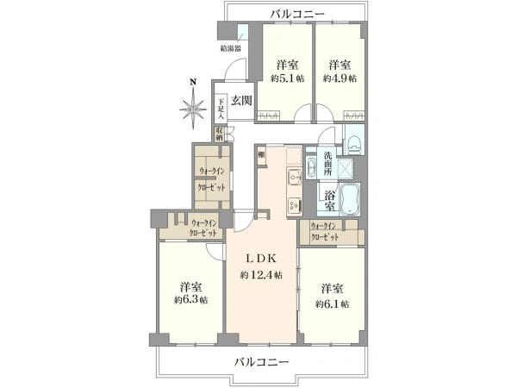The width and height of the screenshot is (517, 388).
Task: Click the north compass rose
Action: [193, 108]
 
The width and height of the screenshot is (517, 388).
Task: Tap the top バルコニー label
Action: [296, 14]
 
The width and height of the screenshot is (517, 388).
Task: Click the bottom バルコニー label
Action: [261, 362]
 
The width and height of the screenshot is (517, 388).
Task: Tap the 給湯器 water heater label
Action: [230, 49]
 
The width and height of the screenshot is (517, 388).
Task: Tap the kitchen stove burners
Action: [294, 205]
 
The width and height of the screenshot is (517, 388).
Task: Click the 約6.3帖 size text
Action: [190, 301]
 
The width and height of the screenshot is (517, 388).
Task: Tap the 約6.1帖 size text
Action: [332, 304]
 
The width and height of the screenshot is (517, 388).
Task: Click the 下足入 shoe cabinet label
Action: [221, 107]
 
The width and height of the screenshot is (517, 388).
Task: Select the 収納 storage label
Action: [220, 135]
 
